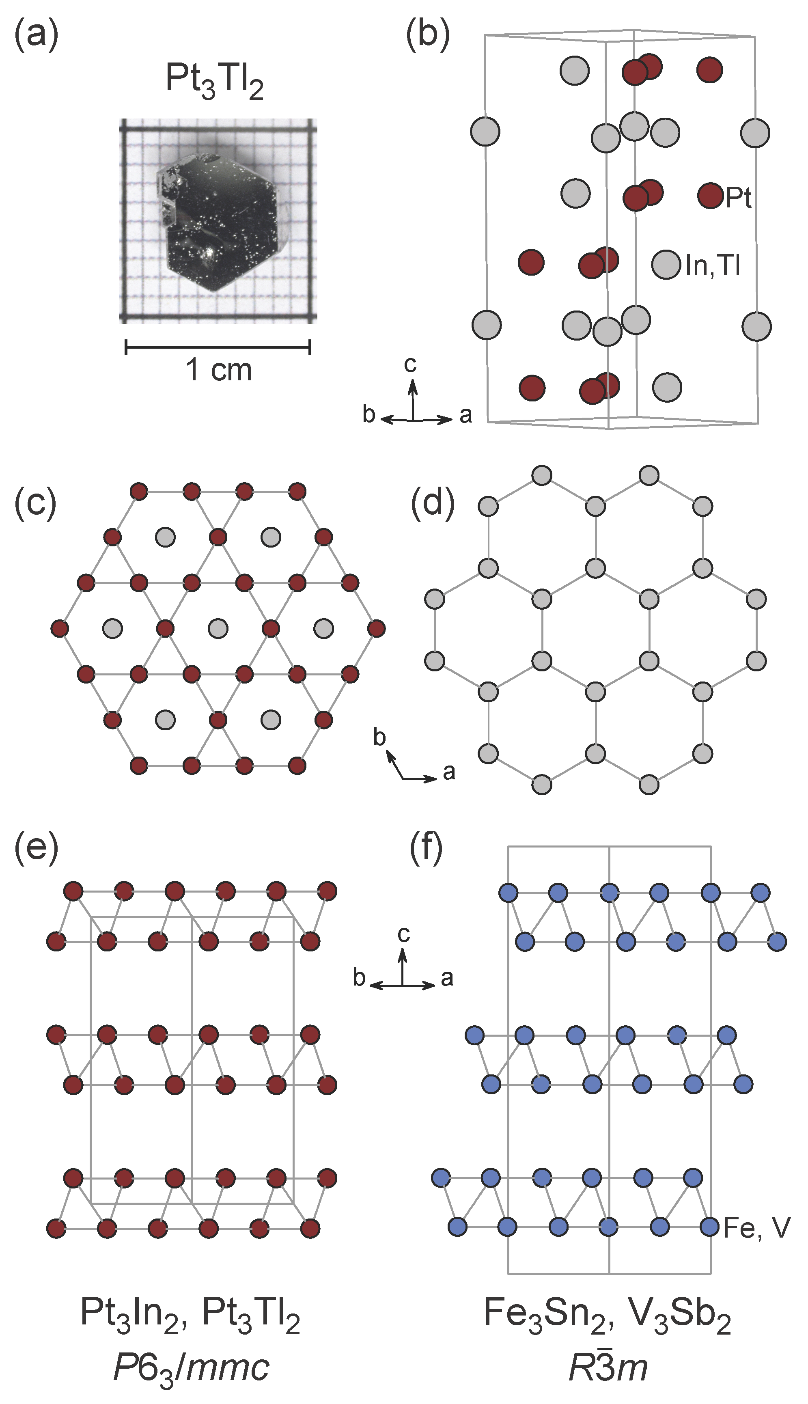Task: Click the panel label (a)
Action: pos(36,37)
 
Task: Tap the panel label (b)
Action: pos(427,37)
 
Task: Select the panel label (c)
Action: pos(36,505)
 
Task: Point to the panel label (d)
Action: pos(432,505)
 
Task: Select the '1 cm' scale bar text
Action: pos(218,370)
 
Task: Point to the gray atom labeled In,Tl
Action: pos(666,264)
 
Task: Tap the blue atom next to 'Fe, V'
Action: pos(710,1226)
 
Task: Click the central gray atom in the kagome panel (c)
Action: pos(218,629)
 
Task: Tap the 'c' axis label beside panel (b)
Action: pos(410,364)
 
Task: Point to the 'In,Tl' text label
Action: pos(713,265)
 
